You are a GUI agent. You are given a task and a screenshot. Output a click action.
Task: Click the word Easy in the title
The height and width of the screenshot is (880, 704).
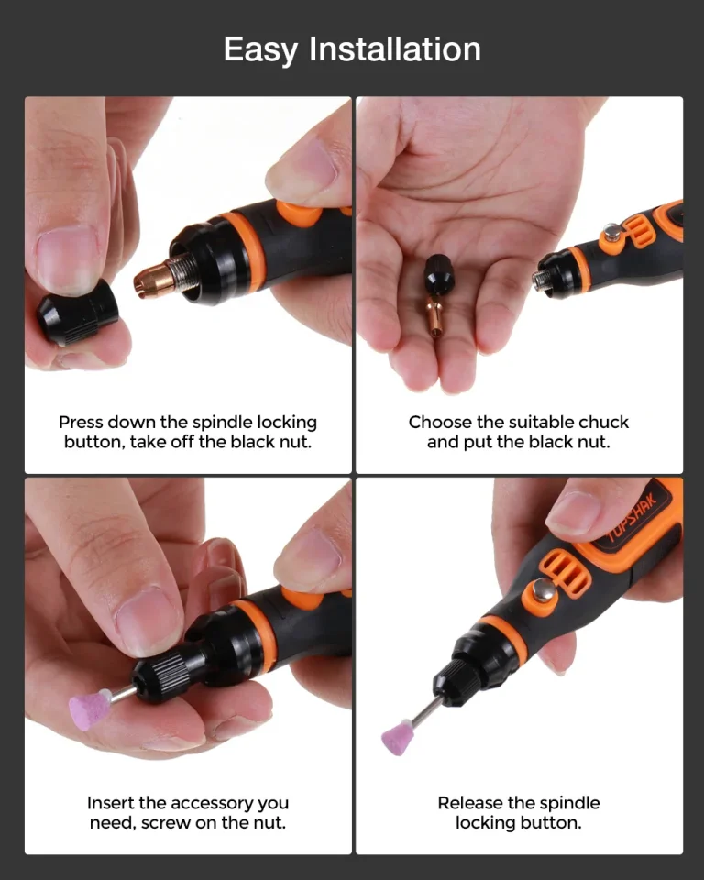(x=261, y=49)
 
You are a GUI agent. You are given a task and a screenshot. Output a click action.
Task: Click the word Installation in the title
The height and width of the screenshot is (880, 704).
(x=395, y=49)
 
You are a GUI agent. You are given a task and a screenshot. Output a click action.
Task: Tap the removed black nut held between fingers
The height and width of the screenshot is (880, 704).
(x=78, y=313)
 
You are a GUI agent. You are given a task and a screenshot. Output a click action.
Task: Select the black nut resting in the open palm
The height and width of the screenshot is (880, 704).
(x=437, y=274)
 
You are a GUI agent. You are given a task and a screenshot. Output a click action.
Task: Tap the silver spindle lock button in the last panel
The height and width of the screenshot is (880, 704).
(x=543, y=589)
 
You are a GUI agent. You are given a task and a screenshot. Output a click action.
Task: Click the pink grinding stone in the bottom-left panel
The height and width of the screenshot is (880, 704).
(x=90, y=709)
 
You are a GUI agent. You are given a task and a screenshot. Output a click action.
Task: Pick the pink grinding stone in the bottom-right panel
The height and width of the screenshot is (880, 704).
(x=398, y=736)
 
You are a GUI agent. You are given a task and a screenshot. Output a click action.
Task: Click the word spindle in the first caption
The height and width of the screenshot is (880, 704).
(x=217, y=422)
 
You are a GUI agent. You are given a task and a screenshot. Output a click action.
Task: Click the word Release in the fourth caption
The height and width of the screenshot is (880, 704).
(x=470, y=803)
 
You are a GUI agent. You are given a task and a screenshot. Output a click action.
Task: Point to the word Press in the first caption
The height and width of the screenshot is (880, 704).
(x=81, y=422)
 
